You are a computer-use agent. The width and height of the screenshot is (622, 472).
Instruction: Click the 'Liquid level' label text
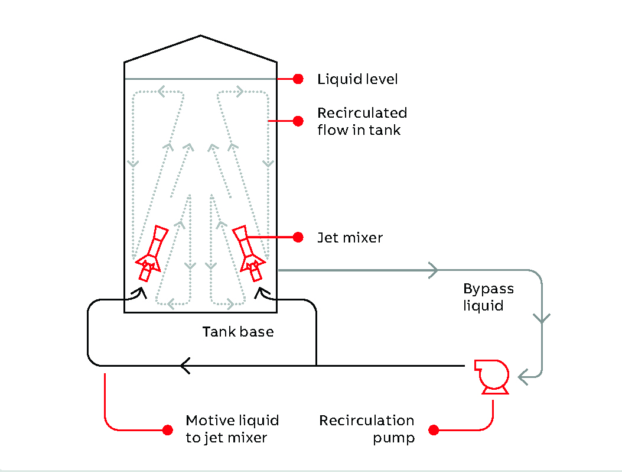[x=357, y=79]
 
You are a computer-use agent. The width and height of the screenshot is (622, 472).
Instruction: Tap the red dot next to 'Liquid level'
[x=298, y=79]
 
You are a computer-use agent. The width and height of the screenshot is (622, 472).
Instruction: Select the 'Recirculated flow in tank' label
[x=362, y=121]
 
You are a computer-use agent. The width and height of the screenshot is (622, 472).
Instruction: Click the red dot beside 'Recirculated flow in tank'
[x=298, y=121]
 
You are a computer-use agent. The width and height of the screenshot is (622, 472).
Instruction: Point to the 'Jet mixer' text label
[x=350, y=238]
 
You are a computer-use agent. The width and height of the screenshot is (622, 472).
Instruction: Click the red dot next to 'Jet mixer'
[x=298, y=237]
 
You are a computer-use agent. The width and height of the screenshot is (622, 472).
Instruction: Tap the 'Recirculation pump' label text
[x=366, y=429]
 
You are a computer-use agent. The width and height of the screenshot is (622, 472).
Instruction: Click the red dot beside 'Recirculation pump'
[x=434, y=430]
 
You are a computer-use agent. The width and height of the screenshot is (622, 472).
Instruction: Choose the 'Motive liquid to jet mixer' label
[x=232, y=429]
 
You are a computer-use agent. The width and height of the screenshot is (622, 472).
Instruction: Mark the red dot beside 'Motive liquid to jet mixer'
[x=168, y=429]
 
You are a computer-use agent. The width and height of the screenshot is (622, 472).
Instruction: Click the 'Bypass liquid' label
[x=488, y=298]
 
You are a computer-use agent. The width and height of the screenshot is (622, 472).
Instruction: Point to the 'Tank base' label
[x=238, y=332]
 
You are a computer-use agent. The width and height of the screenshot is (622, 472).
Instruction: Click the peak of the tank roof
[x=201, y=35]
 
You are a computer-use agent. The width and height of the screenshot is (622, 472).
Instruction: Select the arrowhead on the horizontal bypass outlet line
[x=433, y=270]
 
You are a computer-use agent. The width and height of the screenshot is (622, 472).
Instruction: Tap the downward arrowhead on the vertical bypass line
[x=542, y=318]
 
